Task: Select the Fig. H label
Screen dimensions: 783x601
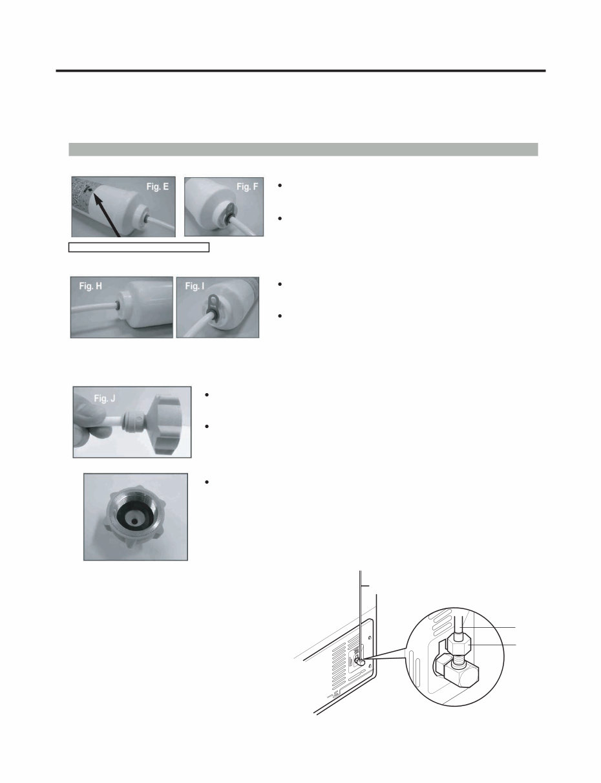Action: tap(92, 286)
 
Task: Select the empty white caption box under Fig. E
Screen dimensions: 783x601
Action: tap(140, 246)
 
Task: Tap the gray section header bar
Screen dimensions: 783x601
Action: tap(303, 149)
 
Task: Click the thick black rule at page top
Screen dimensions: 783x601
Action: tap(300, 71)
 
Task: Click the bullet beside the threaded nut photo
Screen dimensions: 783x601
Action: tap(205, 483)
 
